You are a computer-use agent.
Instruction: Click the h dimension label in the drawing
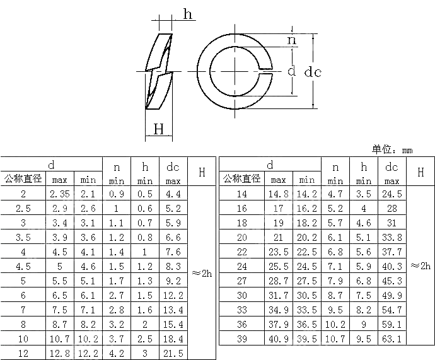(x=188, y=14)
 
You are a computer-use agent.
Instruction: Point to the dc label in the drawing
(x=313, y=72)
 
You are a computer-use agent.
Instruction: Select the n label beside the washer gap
(x=291, y=40)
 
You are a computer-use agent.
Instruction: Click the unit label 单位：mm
(x=391, y=149)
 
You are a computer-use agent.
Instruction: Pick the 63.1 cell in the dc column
(x=391, y=339)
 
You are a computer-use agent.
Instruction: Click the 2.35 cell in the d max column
(x=60, y=194)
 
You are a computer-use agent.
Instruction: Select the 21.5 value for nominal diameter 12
(x=173, y=354)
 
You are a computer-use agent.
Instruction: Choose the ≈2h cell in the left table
(x=202, y=274)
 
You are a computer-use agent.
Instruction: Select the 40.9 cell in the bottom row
(x=278, y=339)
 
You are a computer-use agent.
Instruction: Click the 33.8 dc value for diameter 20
(x=391, y=238)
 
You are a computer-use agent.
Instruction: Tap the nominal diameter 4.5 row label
(x=23, y=267)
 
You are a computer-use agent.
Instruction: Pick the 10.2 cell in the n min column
(x=335, y=325)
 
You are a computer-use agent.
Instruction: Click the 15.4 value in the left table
(x=173, y=325)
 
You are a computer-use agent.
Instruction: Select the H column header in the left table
(x=202, y=171)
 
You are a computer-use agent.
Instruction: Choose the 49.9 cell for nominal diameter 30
(x=391, y=296)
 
